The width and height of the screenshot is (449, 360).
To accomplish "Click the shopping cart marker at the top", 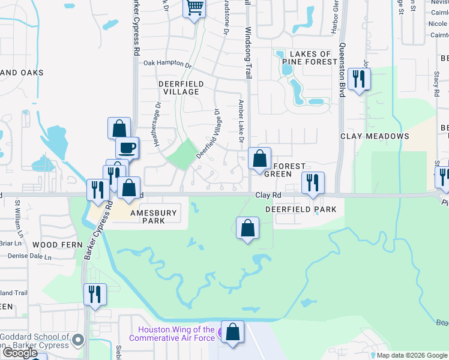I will [x=194, y=8].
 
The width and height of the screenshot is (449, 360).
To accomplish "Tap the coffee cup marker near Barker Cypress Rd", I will [x=127, y=147].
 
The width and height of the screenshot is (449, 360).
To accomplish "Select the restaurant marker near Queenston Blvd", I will [x=359, y=79].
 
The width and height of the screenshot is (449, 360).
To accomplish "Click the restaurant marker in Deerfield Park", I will [x=312, y=182].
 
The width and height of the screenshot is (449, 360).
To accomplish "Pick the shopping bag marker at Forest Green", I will [x=260, y=159].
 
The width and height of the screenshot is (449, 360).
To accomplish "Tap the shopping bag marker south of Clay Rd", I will [x=247, y=228].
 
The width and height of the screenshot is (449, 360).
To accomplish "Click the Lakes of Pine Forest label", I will [x=311, y=58].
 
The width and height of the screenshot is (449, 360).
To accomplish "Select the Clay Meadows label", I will [x=375, y=136].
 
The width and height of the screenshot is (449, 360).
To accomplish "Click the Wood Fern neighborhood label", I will [x=53, y=245].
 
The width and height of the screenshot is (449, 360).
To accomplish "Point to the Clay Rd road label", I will [x=268, y=195].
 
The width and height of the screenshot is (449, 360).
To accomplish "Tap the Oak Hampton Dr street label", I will [x=167, y=63].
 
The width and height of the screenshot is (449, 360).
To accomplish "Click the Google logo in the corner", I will [x=19, y=353].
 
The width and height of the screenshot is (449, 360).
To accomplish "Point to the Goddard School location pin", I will [x=77, y=341].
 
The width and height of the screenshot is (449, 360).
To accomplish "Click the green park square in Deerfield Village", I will [x=181, y=154].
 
